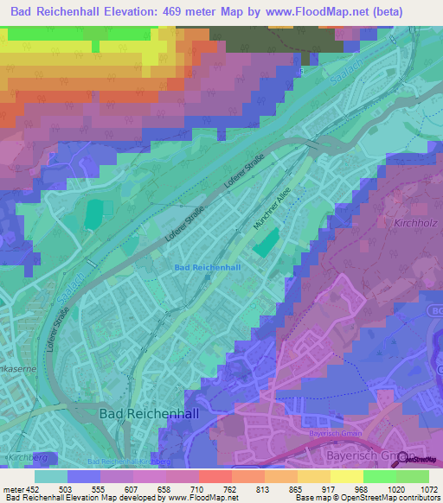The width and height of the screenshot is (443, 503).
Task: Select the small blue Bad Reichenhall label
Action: [x=207, y=268]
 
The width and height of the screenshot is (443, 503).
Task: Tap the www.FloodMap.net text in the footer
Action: [x=183, y=499]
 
